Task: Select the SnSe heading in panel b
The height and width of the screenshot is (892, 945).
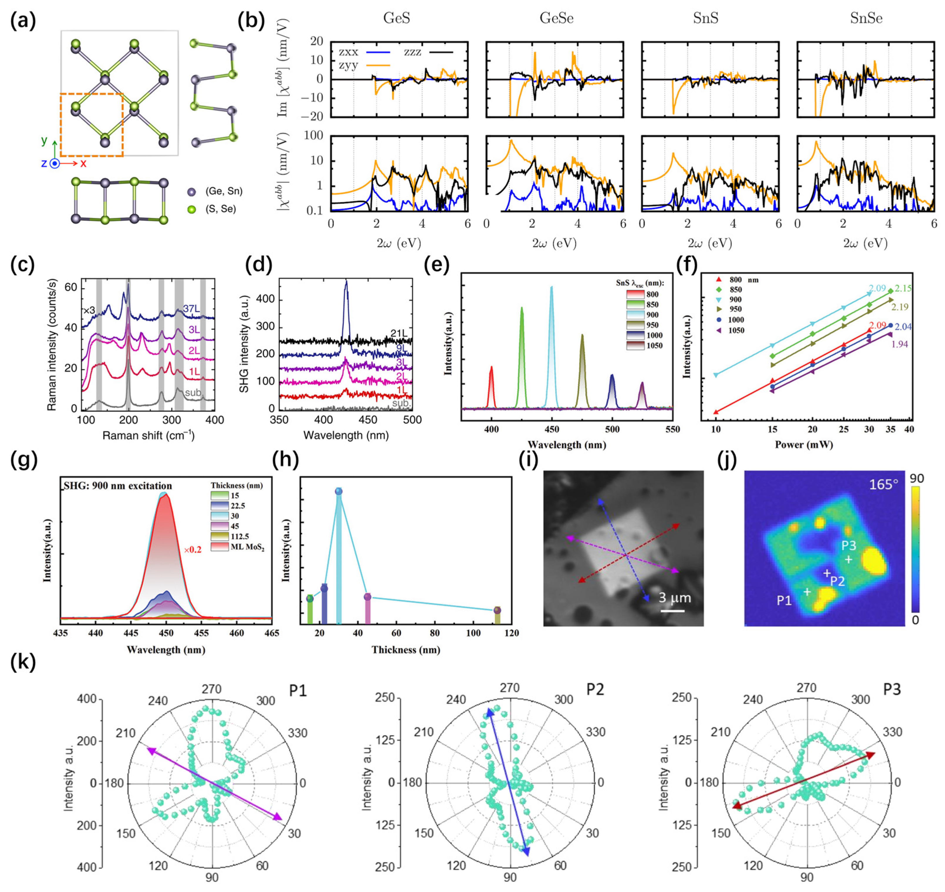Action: click(x=866, y=18)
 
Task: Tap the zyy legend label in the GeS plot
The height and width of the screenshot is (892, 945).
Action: click(x=349, y=66)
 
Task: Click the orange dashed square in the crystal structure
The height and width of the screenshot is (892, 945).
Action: click(x=91, y=125)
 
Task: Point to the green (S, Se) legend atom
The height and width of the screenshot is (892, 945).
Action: click(x=192, y=209)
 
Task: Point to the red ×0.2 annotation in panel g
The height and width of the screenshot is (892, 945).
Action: click(x=193, y=550)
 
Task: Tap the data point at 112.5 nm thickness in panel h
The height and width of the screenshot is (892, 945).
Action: click(x=497, y=610)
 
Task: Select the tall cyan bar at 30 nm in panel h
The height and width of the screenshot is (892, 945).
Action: click(x=339, y=561)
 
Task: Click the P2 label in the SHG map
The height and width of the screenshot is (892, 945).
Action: click(x=837, y=581)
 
